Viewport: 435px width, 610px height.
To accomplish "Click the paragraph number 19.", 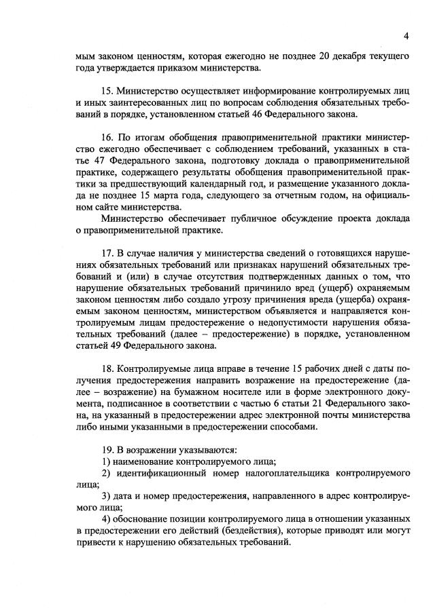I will tap(106, 449).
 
